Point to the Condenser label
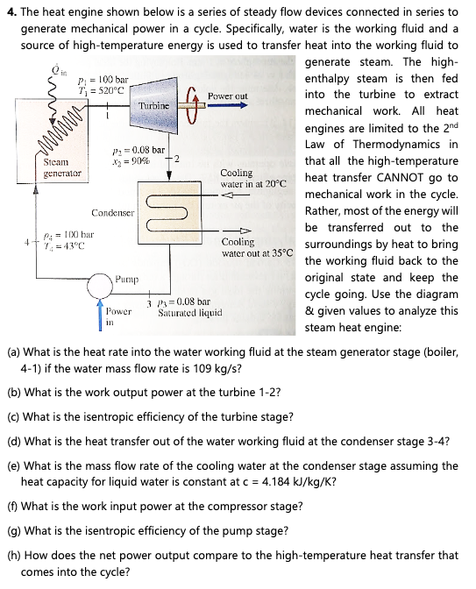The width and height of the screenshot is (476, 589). [x=112, y=213]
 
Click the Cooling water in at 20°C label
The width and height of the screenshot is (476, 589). [x=254, y=180]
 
